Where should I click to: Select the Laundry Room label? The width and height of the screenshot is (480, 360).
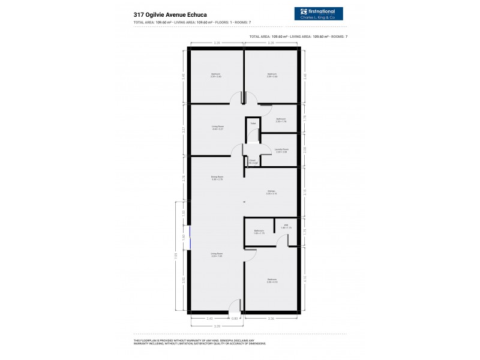281,150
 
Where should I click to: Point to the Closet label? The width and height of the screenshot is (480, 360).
253,162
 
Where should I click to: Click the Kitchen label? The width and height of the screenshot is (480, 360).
271,193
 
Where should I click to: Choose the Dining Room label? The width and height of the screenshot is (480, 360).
217,178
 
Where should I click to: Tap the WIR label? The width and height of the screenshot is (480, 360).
287,226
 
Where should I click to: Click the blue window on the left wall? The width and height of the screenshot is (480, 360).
190,236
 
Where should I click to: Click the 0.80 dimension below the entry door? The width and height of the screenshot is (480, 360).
235,318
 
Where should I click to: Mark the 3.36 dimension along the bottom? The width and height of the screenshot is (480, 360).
271,318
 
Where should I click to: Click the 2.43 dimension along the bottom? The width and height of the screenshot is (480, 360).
209,318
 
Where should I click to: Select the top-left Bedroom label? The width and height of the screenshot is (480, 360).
216,76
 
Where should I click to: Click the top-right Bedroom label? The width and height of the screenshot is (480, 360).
271,76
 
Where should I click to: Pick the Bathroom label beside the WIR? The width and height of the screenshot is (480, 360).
259,232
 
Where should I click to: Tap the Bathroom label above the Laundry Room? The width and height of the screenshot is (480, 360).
281,119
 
